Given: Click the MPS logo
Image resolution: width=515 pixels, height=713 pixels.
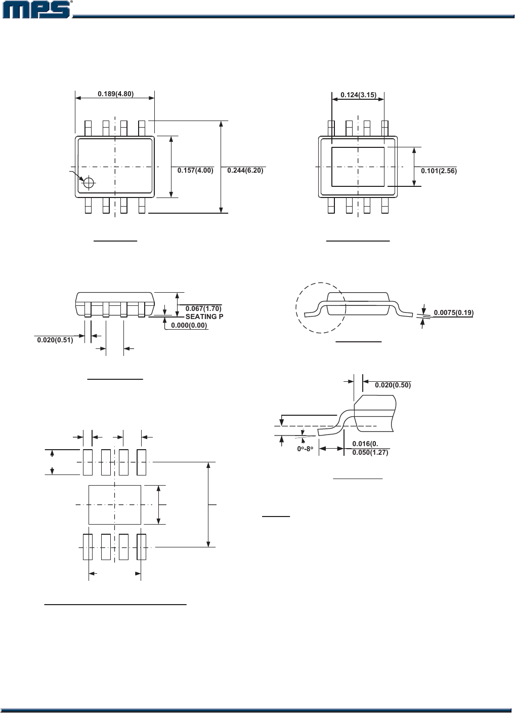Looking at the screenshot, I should point(36,10).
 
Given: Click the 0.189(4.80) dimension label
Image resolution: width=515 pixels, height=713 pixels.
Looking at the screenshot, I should point(116,94).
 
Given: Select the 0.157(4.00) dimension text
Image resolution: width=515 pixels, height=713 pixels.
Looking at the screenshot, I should point(195,171).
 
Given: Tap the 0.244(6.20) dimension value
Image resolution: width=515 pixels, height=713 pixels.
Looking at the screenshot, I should point(245,171).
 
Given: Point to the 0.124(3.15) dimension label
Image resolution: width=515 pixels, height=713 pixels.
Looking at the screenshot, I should point(358,95).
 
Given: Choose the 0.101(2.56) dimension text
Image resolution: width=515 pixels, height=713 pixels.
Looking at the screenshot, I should point(439,171).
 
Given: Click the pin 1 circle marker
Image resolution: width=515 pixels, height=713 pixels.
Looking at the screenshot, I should point(89,183).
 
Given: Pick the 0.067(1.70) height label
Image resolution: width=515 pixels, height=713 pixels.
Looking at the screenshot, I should point(203,308).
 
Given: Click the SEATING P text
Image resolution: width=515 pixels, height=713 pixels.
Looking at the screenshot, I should point(204,316).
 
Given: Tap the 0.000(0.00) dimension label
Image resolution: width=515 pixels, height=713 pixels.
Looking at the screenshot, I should point(189,325).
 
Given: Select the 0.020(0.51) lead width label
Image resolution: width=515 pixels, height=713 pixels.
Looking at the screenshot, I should point(55,340).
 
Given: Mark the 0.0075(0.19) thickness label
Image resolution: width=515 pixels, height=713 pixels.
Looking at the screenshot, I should point(453,312).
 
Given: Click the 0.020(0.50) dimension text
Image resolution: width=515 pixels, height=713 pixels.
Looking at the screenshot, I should point(393,385).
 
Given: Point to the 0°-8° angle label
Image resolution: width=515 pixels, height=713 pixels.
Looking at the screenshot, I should point(305,449).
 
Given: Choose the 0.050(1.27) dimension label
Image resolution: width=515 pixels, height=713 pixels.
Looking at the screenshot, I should point(370,452).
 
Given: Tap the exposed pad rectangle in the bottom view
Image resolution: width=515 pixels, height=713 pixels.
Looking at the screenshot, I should point(358,167).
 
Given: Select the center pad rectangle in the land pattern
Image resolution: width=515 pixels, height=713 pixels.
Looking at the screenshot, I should point(115,505).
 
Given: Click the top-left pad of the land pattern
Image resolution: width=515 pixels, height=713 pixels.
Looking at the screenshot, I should point(88,462).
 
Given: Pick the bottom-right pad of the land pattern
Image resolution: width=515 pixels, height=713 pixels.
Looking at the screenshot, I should point(142,547).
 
